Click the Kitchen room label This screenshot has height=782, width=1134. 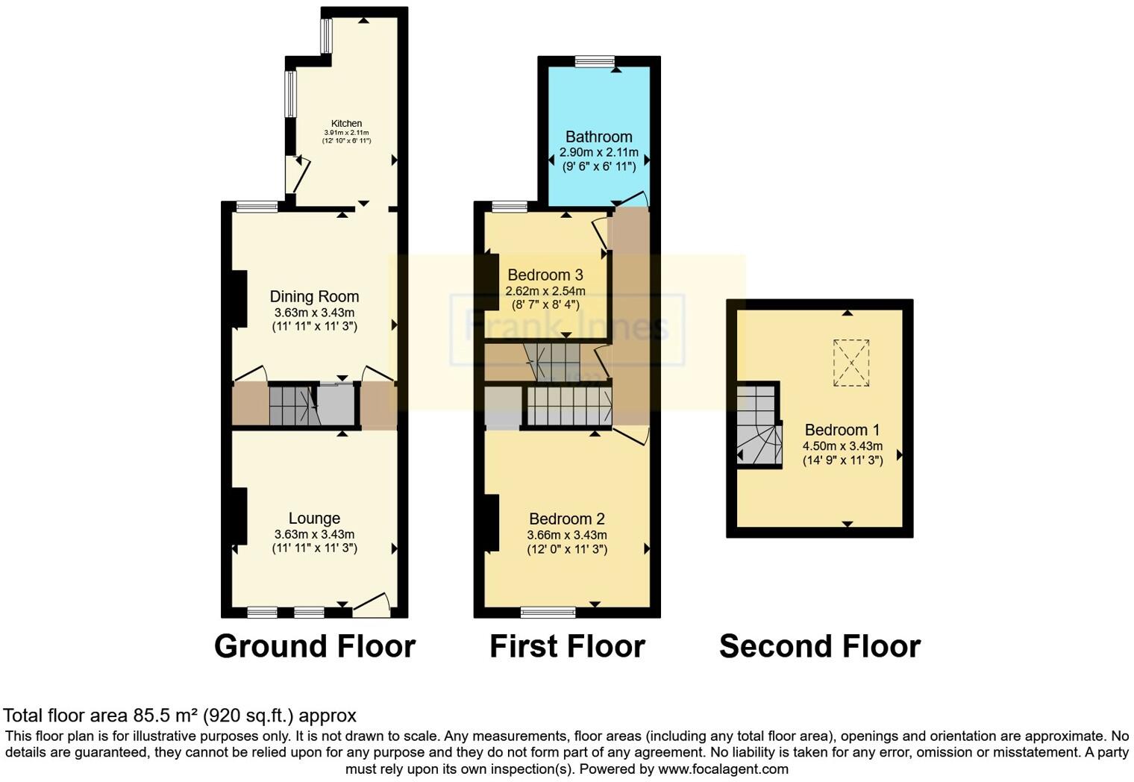click(x=346, y=123)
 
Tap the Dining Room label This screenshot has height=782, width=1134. click(x=314, y=297)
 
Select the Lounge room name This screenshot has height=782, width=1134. click(x=314, y=519)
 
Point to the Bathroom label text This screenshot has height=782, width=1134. click(x=598, y=137)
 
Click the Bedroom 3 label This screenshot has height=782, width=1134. click(x=545, y=275)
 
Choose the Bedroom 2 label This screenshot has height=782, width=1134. click(x=566, y=519)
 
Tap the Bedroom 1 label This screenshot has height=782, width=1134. click(x=842, y=430)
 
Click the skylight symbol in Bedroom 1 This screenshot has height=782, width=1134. click(x=851, y=363)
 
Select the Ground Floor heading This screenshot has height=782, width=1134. click(x=314, y=646)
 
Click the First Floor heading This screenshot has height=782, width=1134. click(x=567, y=646)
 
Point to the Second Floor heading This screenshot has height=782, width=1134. click(x=819, y=646)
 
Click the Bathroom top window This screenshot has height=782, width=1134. click(x=595, y=61)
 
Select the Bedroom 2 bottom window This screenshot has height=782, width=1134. click(x=548, y=613)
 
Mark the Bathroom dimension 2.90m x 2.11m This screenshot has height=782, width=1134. click(x=598, y=152)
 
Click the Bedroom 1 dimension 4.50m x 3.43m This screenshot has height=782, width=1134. click(x=842, y=446)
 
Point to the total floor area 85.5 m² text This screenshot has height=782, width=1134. click(x=180, y=716)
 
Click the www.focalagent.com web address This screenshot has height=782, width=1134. click(x=722, y=769)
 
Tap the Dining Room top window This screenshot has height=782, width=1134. click(x=257, y=207)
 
